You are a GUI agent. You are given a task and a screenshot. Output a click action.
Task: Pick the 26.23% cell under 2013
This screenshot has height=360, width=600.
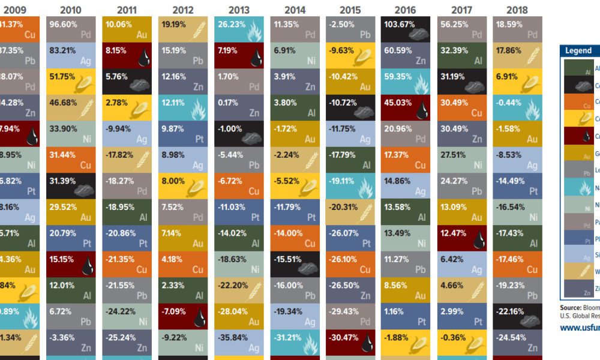click(239, 29)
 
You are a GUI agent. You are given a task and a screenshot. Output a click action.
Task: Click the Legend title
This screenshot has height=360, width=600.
click(578, 51)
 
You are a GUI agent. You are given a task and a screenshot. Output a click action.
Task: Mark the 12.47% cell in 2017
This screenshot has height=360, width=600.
click(461, 238)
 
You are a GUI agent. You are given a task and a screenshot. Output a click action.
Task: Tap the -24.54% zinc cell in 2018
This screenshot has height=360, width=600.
click(517, 342)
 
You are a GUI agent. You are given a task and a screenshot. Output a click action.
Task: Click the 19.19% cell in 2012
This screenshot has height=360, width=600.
click(183, 29)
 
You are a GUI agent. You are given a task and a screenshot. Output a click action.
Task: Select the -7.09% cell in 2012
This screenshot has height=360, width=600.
click(183, 316)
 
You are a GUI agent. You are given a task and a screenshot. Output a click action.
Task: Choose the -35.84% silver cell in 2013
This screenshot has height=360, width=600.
click(239, 342)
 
